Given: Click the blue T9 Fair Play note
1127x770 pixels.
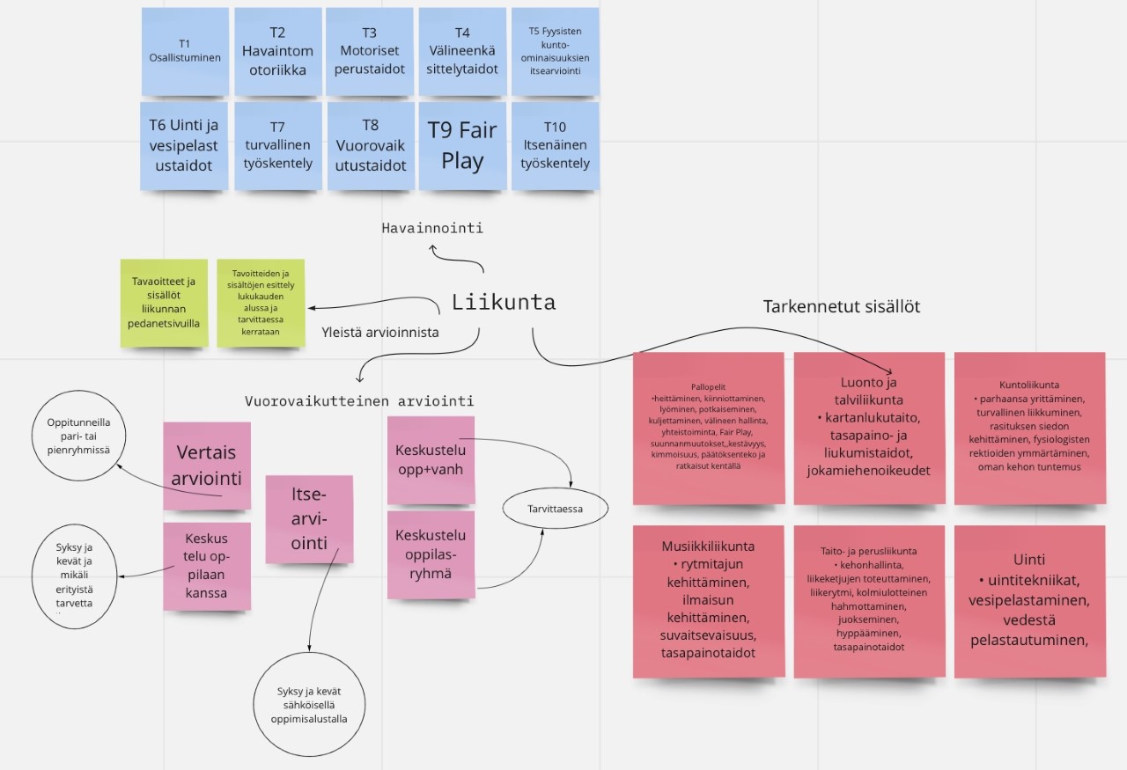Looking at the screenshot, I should click(462, 146).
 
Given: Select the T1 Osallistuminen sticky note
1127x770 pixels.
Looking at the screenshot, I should click(185, 51).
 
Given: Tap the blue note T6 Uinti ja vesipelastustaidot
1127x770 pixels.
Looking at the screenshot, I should click(185, 146).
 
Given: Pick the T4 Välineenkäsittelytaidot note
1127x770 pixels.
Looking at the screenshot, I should click(462, 51).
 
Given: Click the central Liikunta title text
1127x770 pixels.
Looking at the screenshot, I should click(504, 303).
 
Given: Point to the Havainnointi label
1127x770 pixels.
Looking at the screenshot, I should click(432, 228).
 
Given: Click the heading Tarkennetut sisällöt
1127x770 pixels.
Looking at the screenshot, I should click(841, 306).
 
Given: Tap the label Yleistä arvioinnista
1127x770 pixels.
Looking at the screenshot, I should click(380, 333).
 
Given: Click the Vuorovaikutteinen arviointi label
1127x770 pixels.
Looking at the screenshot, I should click(359, 401).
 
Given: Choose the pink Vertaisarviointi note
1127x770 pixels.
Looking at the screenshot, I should click(207, 466).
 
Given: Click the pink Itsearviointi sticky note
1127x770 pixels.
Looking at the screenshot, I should click(309, 519).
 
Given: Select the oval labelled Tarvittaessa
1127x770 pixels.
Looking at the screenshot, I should click(555, 508).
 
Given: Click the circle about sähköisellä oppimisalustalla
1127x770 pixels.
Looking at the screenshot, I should click(309, 705).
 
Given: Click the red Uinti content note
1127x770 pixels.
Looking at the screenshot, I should click(1029, 602).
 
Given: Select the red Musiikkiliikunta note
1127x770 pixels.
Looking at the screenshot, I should click(709, 602).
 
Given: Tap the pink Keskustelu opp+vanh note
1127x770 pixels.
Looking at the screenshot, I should click(431, 458).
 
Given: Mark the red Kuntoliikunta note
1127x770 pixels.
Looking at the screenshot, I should click(1029, 429).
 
